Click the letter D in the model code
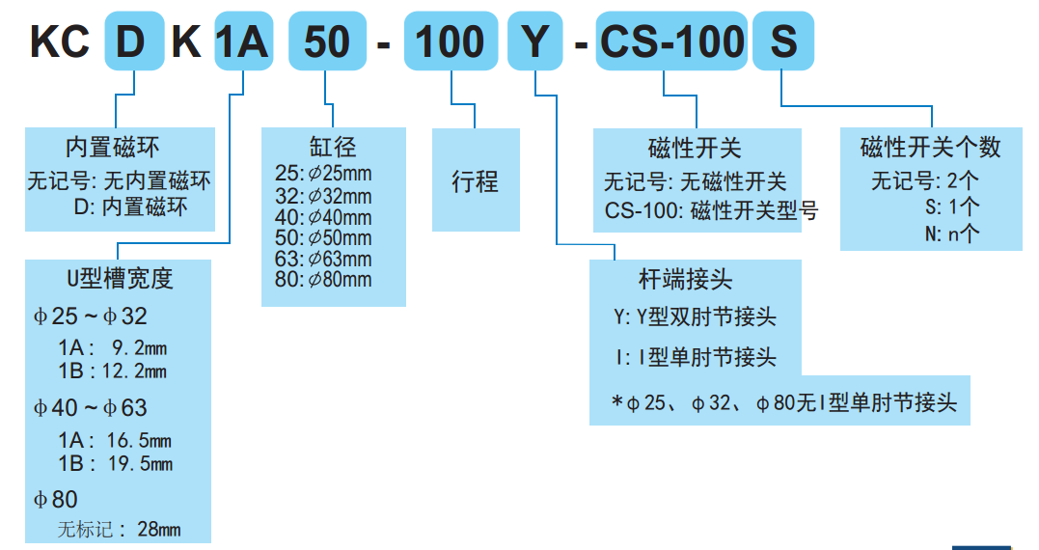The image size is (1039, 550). pos(134,42)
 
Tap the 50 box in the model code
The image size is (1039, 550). pos(328,42)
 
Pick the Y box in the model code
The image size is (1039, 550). pos(534,42)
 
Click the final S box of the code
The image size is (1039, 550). pos(783,42)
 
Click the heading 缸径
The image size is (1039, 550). pos(333,147)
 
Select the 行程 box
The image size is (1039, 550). pos(476,181)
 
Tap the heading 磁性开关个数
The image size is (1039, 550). pos(930,148)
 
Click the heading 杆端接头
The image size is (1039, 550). pos(685,280)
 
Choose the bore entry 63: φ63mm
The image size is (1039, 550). pos(323,259)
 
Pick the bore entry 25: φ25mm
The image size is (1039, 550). pos(323,175)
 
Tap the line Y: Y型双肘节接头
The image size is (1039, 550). pos(695,316)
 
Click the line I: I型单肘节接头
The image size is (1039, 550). pos(695,358)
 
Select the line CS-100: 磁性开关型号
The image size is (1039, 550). pos(711,209)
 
